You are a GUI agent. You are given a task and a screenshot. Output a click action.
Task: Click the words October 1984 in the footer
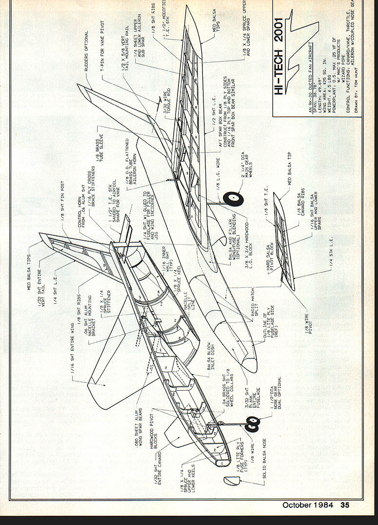click(x=307, y=505)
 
